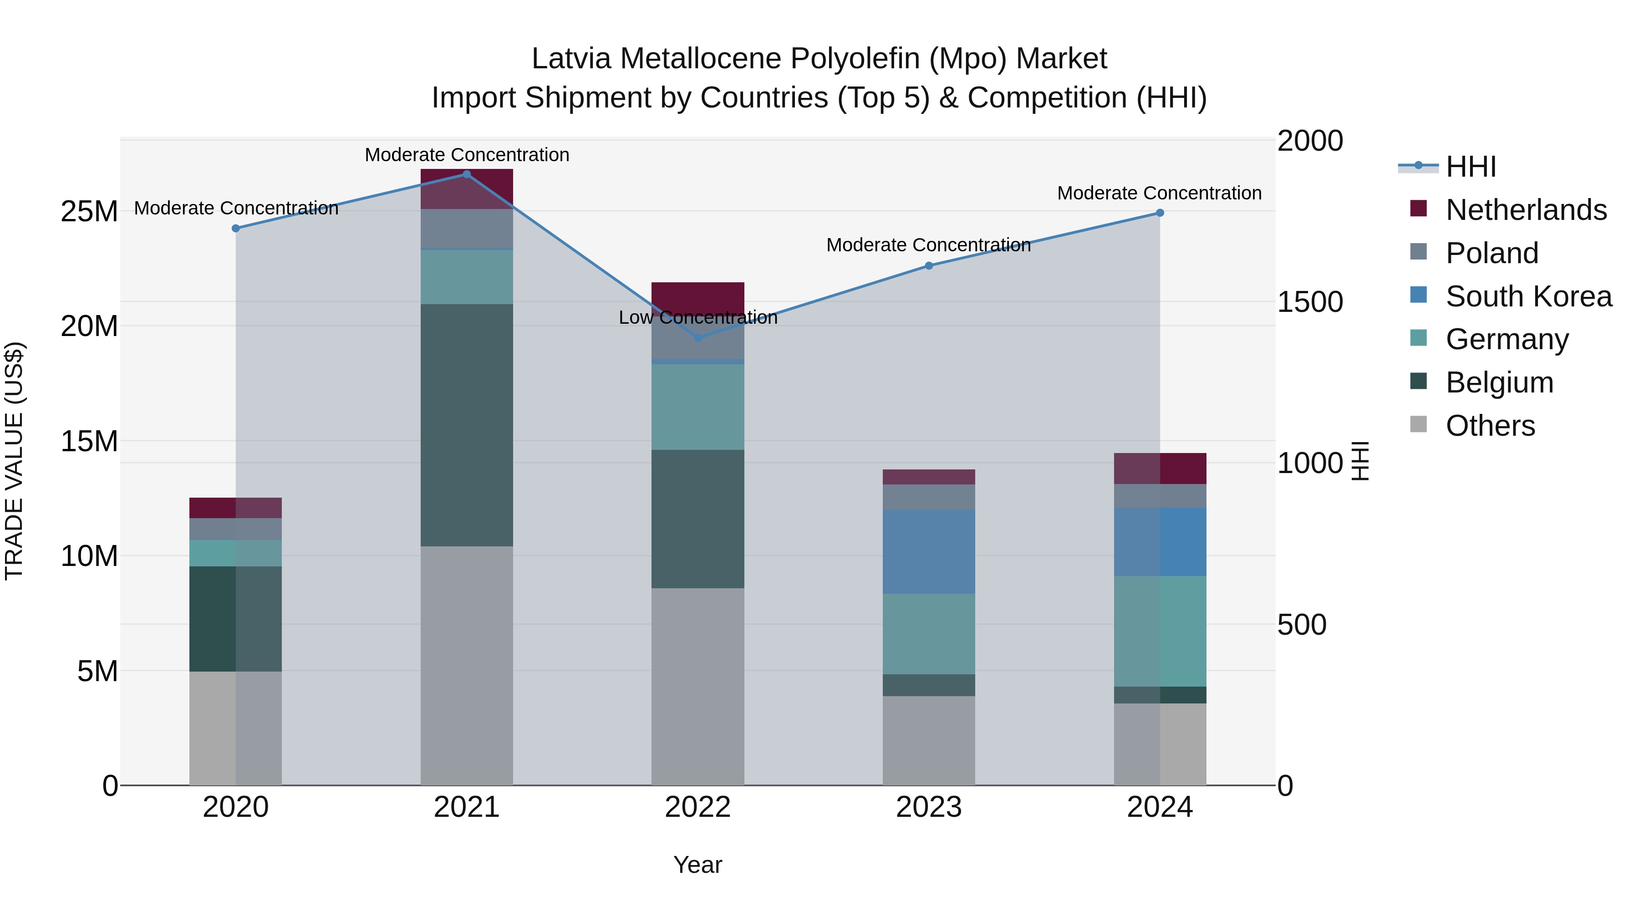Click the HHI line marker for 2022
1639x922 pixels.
pos(697,337)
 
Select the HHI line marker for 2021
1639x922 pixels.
pos(466,174)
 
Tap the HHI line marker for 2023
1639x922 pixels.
pos(928,265)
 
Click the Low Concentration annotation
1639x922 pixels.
pos(697,317)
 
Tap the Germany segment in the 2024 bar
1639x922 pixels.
pos(1159,631)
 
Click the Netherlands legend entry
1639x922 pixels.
pos(1526,209)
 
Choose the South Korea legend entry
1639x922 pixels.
pos(1528,296)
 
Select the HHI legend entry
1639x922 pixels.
pos(1471,167)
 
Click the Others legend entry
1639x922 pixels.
pos(1490,425)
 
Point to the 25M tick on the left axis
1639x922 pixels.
pos(89,211)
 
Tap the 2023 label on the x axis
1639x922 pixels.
pos(928,807)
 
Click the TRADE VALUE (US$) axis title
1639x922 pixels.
pos(14,461)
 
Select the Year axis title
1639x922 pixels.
pos(697,865)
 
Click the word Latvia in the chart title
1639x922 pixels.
pos(571,59)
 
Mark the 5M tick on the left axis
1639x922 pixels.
pos(97,671)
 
